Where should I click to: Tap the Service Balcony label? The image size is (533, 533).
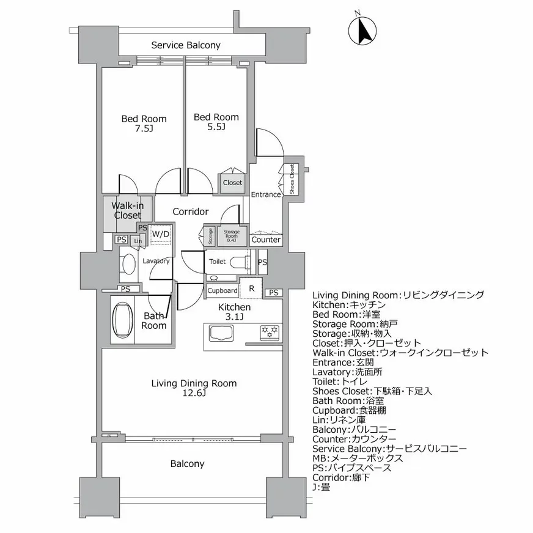coord(186,45)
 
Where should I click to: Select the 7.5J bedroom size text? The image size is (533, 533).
coord(144,129)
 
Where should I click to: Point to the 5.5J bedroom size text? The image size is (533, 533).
coord(216,127)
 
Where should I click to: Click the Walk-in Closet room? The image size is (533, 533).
coord(127,211)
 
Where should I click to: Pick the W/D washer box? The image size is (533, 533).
coord(161,234)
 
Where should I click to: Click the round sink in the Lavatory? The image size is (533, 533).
coord(129,264)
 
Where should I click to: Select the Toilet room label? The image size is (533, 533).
coord(217,262)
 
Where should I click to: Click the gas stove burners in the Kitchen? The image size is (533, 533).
coord(270,333)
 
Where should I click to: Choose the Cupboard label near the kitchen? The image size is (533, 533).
coord(222,291)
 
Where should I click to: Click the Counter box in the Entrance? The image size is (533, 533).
coord(266,240)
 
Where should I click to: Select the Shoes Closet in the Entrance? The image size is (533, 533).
coord(291,180)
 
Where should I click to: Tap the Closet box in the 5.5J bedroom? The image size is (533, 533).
coord(232,183)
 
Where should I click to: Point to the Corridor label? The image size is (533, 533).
coord(190,211)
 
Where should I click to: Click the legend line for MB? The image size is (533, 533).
coord(357,458)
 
